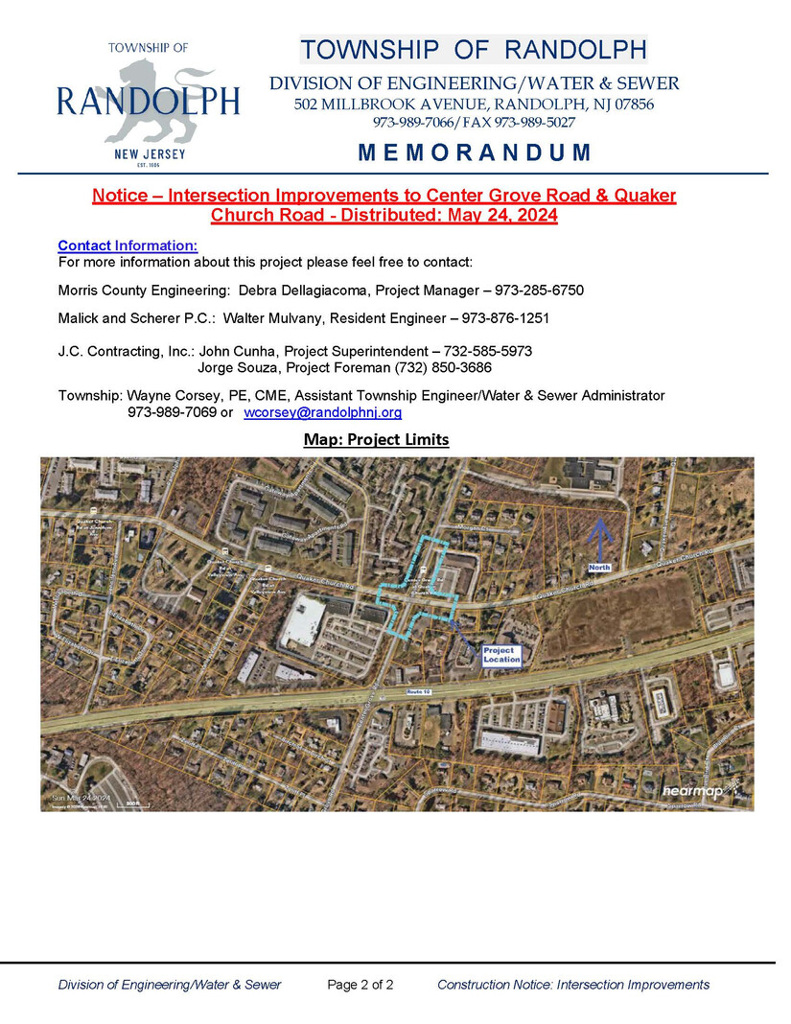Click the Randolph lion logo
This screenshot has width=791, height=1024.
click(153, 100)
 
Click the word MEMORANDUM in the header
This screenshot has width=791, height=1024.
click(475, 152)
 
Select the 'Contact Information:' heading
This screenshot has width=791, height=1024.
click(128, 245)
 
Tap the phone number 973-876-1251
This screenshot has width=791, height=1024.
click(505, 317)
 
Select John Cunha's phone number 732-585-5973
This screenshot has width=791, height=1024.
click(487, 352)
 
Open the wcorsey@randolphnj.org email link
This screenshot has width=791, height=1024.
click(323, 413)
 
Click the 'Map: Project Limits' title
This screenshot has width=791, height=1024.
click(376, 439)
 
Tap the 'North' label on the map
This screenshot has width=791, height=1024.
click(599, 568)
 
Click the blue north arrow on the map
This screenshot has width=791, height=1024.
click(599, 539)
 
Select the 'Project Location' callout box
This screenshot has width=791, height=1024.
click(501, 655)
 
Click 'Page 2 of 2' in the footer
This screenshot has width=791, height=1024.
click(360, 985)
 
